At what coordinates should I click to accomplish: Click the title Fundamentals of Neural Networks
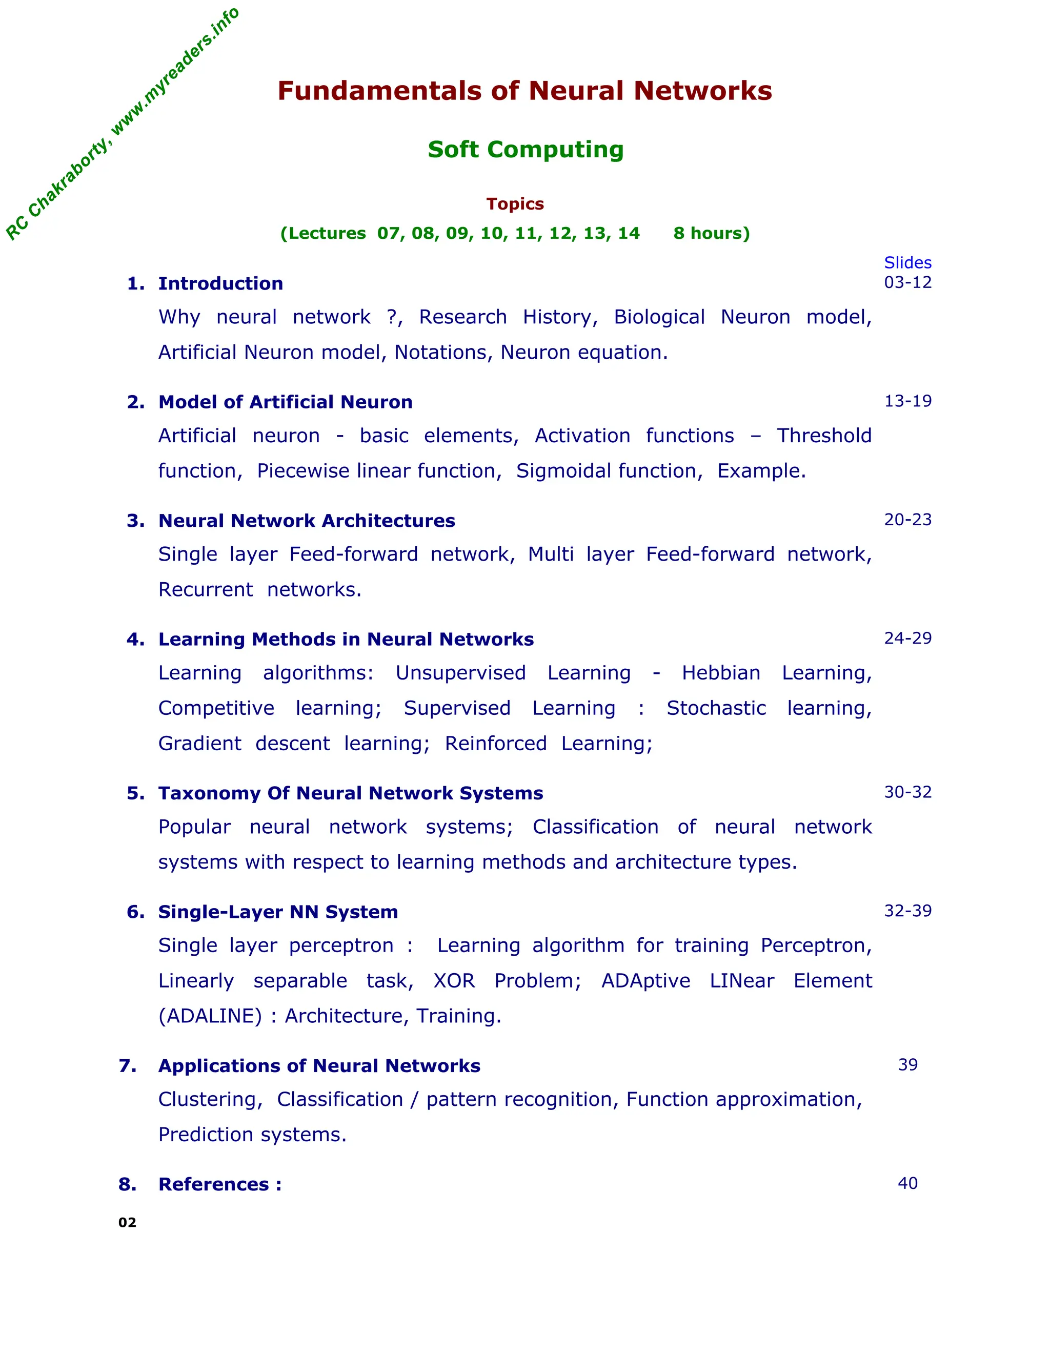tap(524, 91)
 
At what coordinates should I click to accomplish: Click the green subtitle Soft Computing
tap(525, 149)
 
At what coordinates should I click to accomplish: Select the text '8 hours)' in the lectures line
tap(711, 233)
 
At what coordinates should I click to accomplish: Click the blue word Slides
tap(907, 262)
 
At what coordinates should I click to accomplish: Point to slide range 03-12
tap(907, 282)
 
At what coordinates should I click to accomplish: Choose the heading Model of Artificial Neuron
tap(285, 402)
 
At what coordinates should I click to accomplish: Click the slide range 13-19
tap(907, 401)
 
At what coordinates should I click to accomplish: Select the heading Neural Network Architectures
tap(306, 521)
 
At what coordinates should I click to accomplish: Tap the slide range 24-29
tap(907, 638)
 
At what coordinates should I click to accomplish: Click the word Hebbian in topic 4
tap(720, 673)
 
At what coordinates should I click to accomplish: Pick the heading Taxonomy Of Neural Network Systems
tap(350, 793)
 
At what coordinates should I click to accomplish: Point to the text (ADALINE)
tap(210, 1016)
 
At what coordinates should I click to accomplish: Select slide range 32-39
tap(907, 911)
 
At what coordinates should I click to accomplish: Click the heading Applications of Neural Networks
tap(319, 1066)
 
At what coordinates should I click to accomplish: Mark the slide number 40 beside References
tap(907, 1183)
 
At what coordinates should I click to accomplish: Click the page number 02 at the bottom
tap(127, 1222)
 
